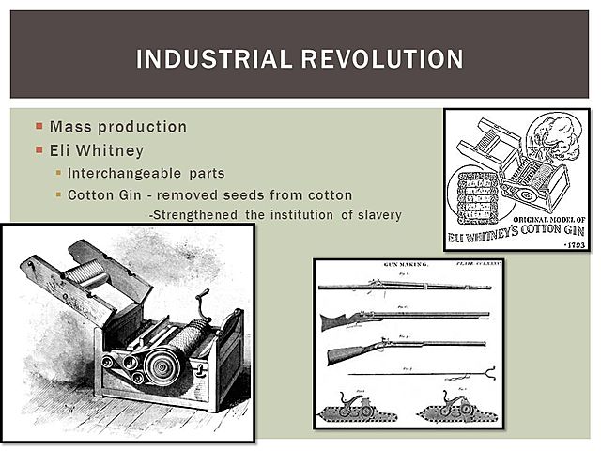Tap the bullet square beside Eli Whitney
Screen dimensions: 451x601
pyautogui.click(x=39, y=149)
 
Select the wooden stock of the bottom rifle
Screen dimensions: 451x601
pyautogui.click(x=349, y=355)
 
